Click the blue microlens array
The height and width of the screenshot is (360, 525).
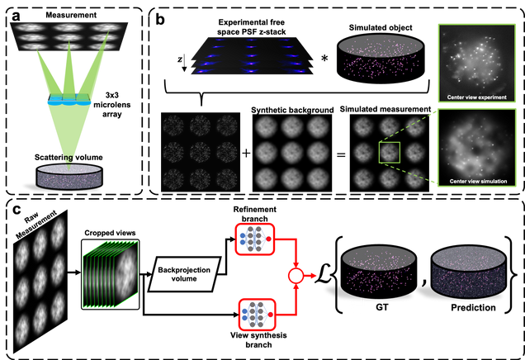click(x=69, y=102)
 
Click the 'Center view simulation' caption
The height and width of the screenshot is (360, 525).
click(x=476, y=180)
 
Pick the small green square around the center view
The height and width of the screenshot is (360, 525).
click(x=389, y=153)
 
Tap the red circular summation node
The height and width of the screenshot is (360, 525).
click(x=294, y=276)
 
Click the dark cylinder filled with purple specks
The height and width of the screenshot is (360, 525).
click(x=467, y=270)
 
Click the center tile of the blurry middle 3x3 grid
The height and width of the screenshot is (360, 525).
click(x=291, y=154)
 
